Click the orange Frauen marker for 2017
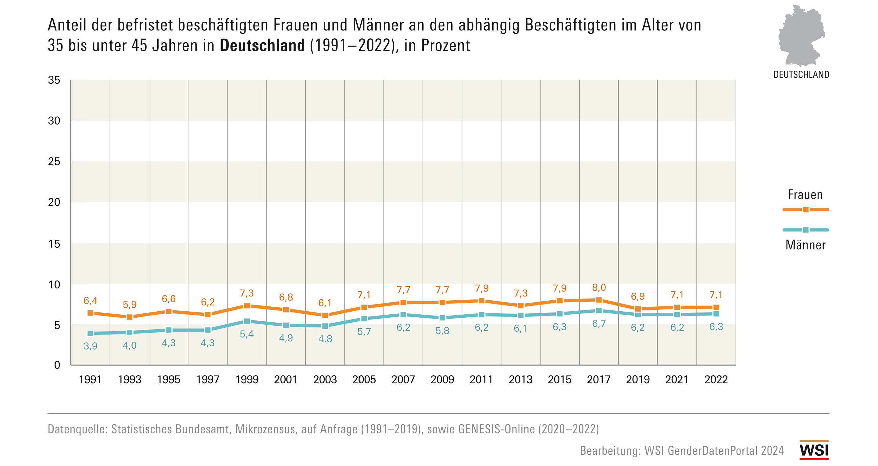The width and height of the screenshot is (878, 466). click(x=598, y=300)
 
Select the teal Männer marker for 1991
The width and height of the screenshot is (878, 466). click(x=90, y=333)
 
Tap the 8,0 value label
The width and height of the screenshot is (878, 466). click(x=599, y=288)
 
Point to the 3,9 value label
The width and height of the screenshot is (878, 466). click(x=90, y=346)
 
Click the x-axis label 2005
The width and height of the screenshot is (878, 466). click(x=364, y=380)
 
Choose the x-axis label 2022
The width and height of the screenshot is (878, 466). click(x=716, y=380)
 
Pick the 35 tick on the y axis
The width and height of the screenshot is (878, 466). click(x=54, y=80)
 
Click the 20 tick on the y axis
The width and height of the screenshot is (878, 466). click(x=54, y=202)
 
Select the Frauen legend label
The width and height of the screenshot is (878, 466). click(x=805, y=195)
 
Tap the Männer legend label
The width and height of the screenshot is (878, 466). click(x=805, y=245)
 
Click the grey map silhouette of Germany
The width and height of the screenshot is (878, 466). click(x=801, y=36)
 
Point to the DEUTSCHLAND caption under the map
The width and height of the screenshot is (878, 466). click(x=801, y=75)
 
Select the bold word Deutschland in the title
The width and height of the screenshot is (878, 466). click(x=262, y=45)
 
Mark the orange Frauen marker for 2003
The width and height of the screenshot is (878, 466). click(x=325, y=315)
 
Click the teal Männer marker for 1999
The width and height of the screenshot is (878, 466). click(x=247, y=321)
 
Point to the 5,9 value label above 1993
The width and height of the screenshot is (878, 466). click(x=130, y=304)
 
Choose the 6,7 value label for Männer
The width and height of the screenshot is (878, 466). click(x=599, y=323)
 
